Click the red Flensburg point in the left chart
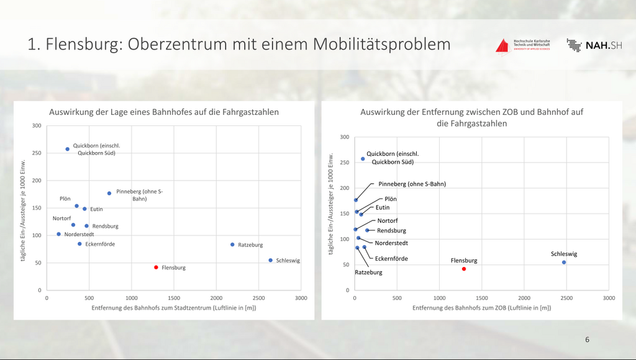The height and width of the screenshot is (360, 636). [157, 267]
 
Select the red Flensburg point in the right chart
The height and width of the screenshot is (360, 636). [464, 269]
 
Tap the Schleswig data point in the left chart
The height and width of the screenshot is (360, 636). [271, 260]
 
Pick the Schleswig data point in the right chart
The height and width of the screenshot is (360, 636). [564, 262]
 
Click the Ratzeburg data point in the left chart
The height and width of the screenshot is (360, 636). [232, 245]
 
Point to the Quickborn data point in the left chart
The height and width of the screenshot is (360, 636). [68, 149]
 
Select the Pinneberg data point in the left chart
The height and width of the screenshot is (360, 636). [109, 193]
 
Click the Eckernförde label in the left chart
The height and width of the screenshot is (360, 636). [100, 244]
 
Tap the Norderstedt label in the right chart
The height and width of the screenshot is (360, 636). [391, 243]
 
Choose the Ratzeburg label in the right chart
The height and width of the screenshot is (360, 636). [368, 272]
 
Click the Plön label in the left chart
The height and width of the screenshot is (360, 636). [65, 199]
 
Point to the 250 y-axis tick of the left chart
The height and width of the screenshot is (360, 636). [37, 153]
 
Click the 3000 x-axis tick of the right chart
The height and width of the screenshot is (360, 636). [609, 298]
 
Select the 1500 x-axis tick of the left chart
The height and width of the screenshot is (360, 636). [174, 298]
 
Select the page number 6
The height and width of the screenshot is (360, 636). [587, 340]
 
